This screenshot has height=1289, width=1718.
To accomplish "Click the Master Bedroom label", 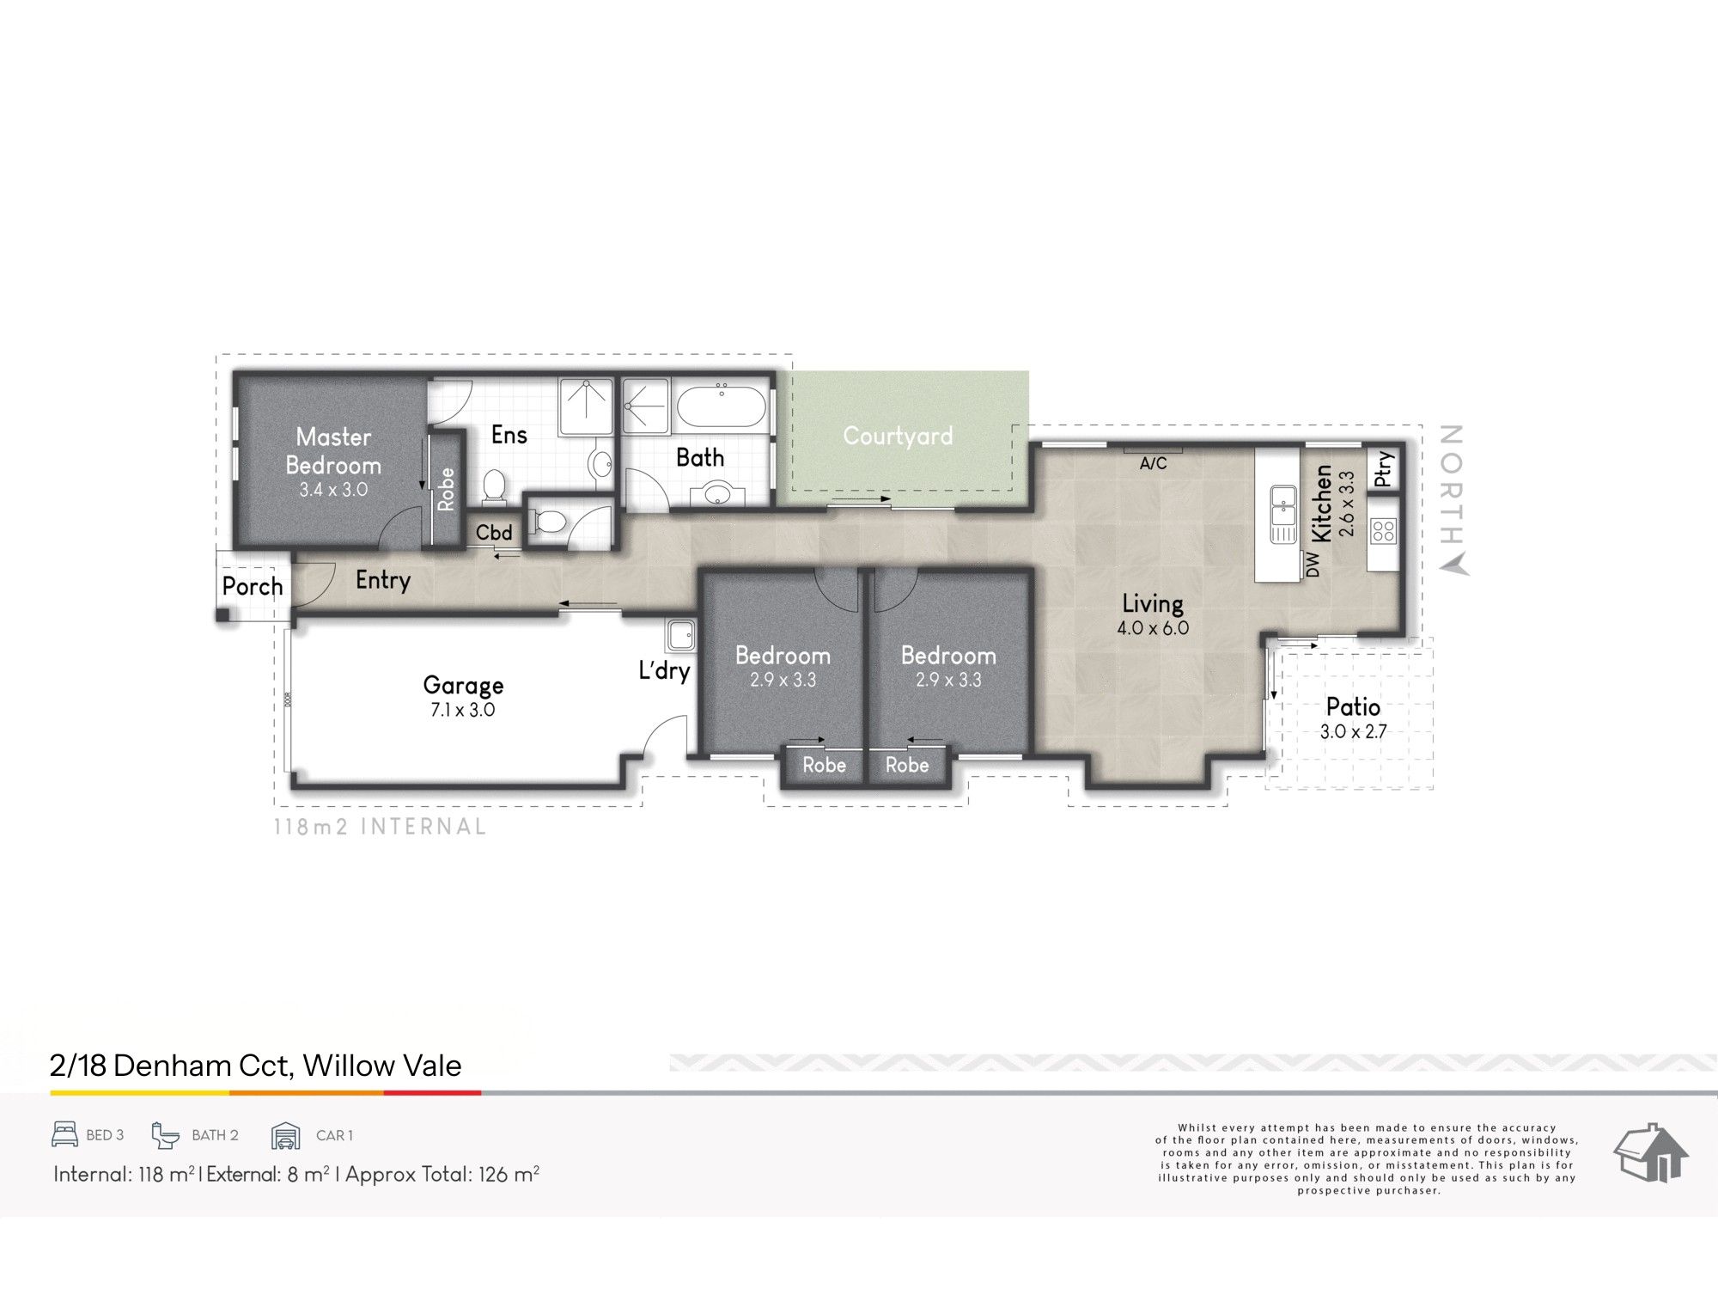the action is pos(333,451).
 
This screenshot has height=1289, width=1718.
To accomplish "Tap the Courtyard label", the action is pos(898,436).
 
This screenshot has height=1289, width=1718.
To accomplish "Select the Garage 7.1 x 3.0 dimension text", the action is pos(463,711).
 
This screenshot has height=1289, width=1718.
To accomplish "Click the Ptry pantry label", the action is pos(1383,469).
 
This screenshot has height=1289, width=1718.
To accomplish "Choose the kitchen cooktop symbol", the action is pos(1384,530).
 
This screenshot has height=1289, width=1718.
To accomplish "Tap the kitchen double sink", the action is pos(1283,513).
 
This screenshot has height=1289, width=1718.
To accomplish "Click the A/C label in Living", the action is pos(1153,464).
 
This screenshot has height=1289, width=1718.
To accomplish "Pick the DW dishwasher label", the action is pos(1312,565).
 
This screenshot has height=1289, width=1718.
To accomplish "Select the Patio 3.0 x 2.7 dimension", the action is pos(1354,733).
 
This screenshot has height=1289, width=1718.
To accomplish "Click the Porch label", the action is pos(253,587).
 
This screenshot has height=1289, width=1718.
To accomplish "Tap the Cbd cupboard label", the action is pos(494,533).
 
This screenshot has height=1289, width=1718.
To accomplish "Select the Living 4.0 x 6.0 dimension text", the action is pos(1153,628).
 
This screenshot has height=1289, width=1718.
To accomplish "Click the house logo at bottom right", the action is pos(1651,1154).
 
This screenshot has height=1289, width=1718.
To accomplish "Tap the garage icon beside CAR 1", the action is pos(286,1136).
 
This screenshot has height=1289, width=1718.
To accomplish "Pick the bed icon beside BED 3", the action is pos(64,1135).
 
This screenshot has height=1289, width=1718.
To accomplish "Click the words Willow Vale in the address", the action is pos(382,1066).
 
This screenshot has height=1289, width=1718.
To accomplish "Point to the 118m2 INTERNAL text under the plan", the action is pos(380,827).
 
